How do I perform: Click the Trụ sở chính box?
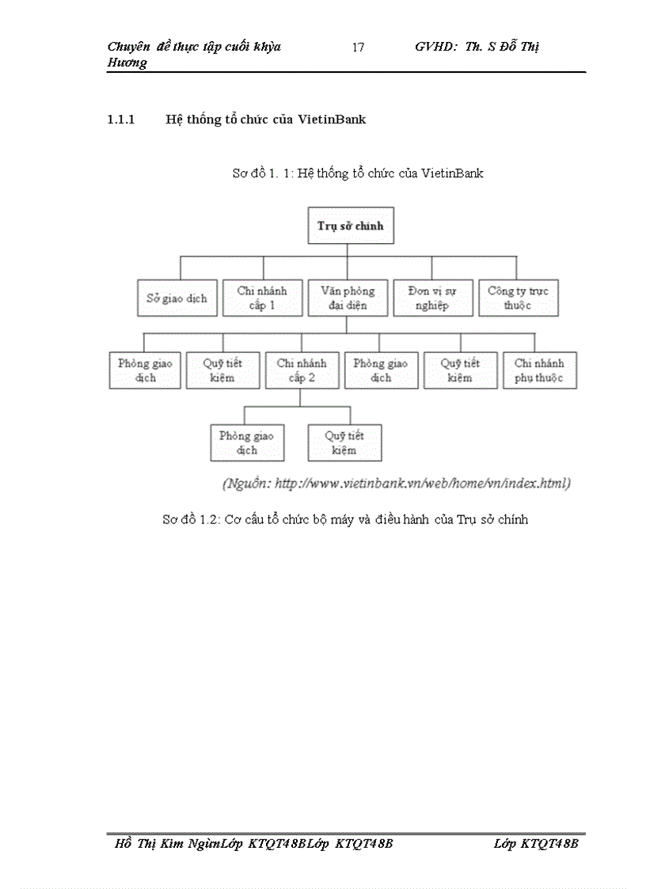pos(350,226)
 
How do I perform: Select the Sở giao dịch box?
pos(177,298)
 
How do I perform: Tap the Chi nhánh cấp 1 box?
pos(262,298)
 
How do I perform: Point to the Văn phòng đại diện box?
pos(348,298)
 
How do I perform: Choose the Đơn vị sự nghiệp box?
pos(433,298)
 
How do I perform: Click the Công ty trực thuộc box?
pos(518,298)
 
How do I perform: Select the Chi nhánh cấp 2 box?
pos(301,370)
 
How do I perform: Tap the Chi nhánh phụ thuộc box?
pos(539,370)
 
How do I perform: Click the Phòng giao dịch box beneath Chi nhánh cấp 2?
pos(246,443)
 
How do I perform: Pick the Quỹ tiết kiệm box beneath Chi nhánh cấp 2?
pos(344,443)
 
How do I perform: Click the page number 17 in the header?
pos(358,47)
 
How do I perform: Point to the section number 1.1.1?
pos(121,120)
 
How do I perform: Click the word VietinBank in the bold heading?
pos(332,120)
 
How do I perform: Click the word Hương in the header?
pos(127,63)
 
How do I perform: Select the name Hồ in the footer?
pos(123,844)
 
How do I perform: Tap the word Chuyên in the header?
pos(129,47)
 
